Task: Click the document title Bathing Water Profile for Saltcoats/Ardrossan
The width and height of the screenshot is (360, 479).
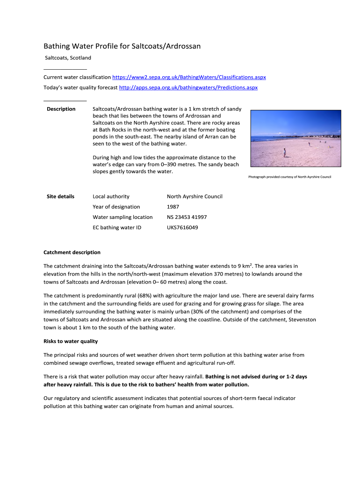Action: coord(122,46)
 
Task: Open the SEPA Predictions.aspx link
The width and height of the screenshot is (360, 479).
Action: coord(188,87)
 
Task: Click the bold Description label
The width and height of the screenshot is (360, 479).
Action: coord(61,109)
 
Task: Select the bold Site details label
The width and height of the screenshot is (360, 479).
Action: coord(60,196)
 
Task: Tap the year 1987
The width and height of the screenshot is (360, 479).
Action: coord(173,207)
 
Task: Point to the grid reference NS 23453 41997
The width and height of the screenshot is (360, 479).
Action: coord(187,217)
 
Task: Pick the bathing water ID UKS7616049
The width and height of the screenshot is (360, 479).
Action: coord(182,228)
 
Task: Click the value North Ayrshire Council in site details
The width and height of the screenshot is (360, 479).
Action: coord(194,196)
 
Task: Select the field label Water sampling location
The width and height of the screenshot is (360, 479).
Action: coord(122,217)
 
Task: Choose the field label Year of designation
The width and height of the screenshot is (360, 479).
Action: coord(116,207)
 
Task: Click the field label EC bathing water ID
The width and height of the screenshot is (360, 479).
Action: coord(117,228)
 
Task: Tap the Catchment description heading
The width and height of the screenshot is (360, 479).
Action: coord(72,253)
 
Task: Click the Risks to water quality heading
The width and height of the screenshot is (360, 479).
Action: coord(71,341)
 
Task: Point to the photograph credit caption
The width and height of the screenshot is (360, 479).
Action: coord(289,177)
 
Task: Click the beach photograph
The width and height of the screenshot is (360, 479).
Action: coord(296,138)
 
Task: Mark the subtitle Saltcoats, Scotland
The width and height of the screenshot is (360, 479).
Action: coord(68,58)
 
